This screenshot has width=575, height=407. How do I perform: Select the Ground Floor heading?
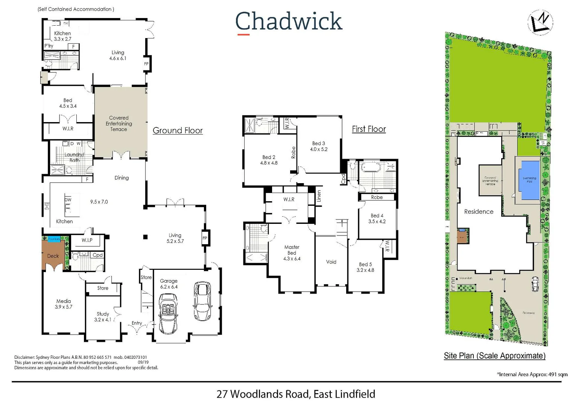coord(178,130)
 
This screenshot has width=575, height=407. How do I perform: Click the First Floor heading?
coord(369,129)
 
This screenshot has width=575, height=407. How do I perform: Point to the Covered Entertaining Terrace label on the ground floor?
coord(119,124)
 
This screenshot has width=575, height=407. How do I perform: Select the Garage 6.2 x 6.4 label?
coord(169,284)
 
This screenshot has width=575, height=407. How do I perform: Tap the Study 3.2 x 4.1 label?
coord(103,317)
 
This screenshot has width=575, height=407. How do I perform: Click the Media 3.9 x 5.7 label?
coord(64,304)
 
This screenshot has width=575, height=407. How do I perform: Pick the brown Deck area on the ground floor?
coord(53,256)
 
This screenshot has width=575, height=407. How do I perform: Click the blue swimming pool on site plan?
coord(529,180)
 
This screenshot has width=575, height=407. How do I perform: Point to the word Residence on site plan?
coord(479,212)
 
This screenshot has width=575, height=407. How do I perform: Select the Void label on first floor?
coord(331,262)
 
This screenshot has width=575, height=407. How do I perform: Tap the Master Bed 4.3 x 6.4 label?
coord(292,253)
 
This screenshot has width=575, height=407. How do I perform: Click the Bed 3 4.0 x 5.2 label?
coord(319,146)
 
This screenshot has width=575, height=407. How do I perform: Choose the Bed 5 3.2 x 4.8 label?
coord(365,267)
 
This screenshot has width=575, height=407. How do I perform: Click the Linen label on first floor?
coord(319,196)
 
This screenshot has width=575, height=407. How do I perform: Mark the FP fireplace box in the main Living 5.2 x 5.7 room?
coord(205,238)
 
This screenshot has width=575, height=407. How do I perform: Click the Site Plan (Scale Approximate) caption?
coord(494,356)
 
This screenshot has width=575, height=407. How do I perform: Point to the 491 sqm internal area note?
coord(532,375)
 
